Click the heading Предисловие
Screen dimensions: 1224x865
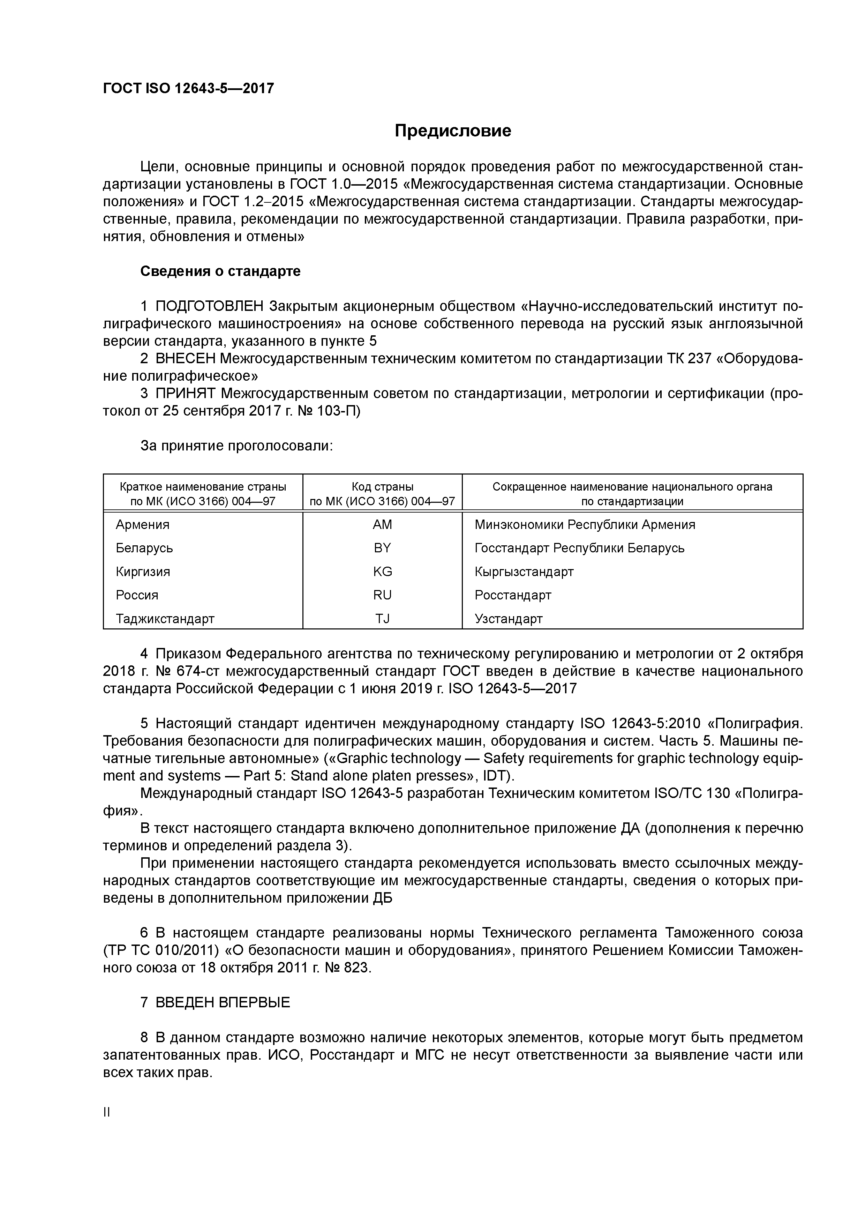(x=452, y=130)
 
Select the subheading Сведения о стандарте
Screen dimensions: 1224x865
(x=220, y=271)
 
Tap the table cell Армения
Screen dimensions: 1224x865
(x=142, y=524)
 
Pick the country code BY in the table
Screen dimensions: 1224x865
(x=382, y=548)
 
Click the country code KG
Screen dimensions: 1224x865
(x=382, y=572)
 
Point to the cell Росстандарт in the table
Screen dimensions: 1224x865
(x=513, y=595)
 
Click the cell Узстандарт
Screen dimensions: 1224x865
(x=509, y=619)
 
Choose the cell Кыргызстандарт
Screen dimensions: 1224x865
(x=524, y=572)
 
